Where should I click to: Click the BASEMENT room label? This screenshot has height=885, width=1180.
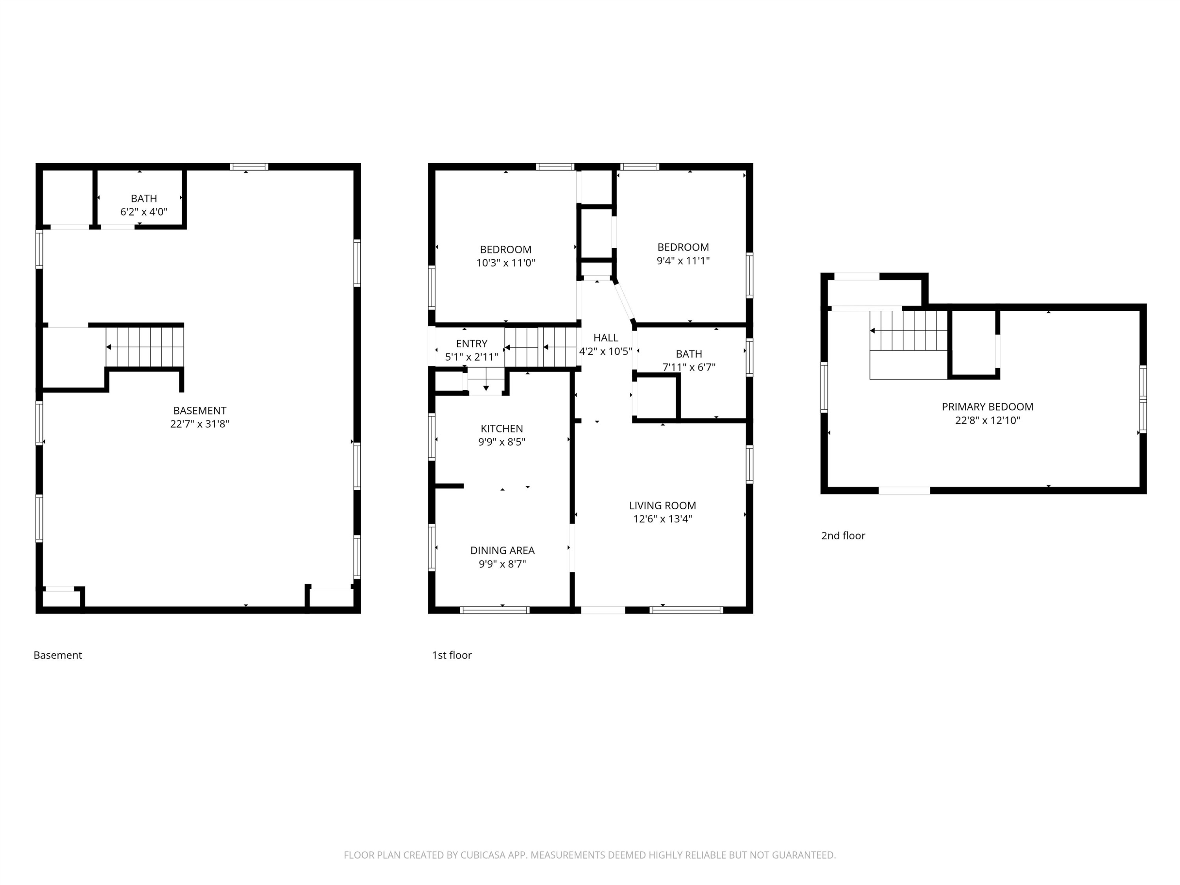coord(199,411)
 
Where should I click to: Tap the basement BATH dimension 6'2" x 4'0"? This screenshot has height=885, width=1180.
coord(144,212)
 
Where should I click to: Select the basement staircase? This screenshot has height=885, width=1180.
coord(145,347)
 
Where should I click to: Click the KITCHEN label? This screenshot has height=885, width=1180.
coord(502,428)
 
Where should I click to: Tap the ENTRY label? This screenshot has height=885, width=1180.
coord(472,343)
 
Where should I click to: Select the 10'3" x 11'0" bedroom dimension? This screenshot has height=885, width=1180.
coord(506,262)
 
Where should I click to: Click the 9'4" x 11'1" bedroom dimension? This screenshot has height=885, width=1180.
coord(683,260)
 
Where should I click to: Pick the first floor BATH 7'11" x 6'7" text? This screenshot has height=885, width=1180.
coord(689,361)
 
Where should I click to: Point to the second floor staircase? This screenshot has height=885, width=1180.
coord(909,331)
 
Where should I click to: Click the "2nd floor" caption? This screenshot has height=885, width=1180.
coord(843,536)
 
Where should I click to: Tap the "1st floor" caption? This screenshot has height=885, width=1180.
coord(452,655)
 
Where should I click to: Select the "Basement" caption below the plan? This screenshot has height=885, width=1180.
coord(57,655)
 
